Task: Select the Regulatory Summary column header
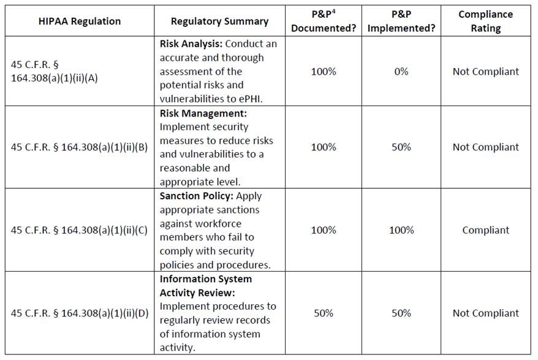click(219, 21)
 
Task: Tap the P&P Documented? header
click(323, 21)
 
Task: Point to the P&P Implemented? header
click(401, 21)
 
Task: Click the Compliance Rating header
click(485, 21)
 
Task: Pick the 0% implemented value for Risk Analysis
click(401, 72)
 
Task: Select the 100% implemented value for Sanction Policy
click(401, 230)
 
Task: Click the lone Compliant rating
click(485, 230)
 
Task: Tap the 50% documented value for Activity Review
click(323, 313)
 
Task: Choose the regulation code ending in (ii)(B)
click(80, 147)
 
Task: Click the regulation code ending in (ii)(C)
click(80, 230)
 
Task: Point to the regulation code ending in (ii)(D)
click(80, 313)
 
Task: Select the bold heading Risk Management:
click(202, 113)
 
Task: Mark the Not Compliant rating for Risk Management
click(485, 147)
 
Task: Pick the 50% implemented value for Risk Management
click(401, 147)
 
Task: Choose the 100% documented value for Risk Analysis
click(323, 72)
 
